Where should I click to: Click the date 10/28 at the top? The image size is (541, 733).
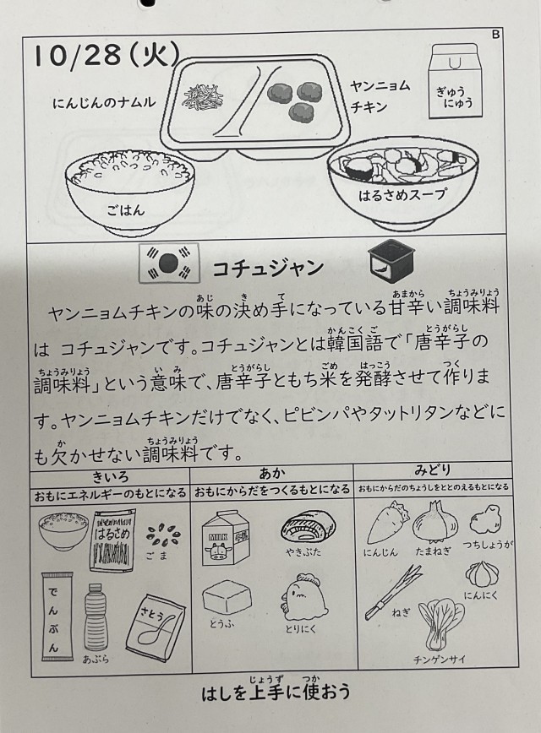pos(78,56)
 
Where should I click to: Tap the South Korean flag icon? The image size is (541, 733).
pos(169,263)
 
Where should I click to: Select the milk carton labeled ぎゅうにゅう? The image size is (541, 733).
pos(455,80)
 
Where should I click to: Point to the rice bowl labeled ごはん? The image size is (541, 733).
pos(129,192)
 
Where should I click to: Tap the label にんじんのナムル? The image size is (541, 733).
pos(104,102)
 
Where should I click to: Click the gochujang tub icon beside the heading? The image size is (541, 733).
pos(391,263)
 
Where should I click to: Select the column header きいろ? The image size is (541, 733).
pos(111,476)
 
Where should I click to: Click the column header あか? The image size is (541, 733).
pos(272,473)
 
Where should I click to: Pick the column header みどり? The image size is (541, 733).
pos(433,469)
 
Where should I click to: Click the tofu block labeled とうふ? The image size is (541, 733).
pos(227,596)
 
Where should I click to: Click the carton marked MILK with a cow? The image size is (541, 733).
pos(226,538)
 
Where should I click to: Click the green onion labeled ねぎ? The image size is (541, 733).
pos(392,591)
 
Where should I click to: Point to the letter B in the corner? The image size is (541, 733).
pos(496,35)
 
